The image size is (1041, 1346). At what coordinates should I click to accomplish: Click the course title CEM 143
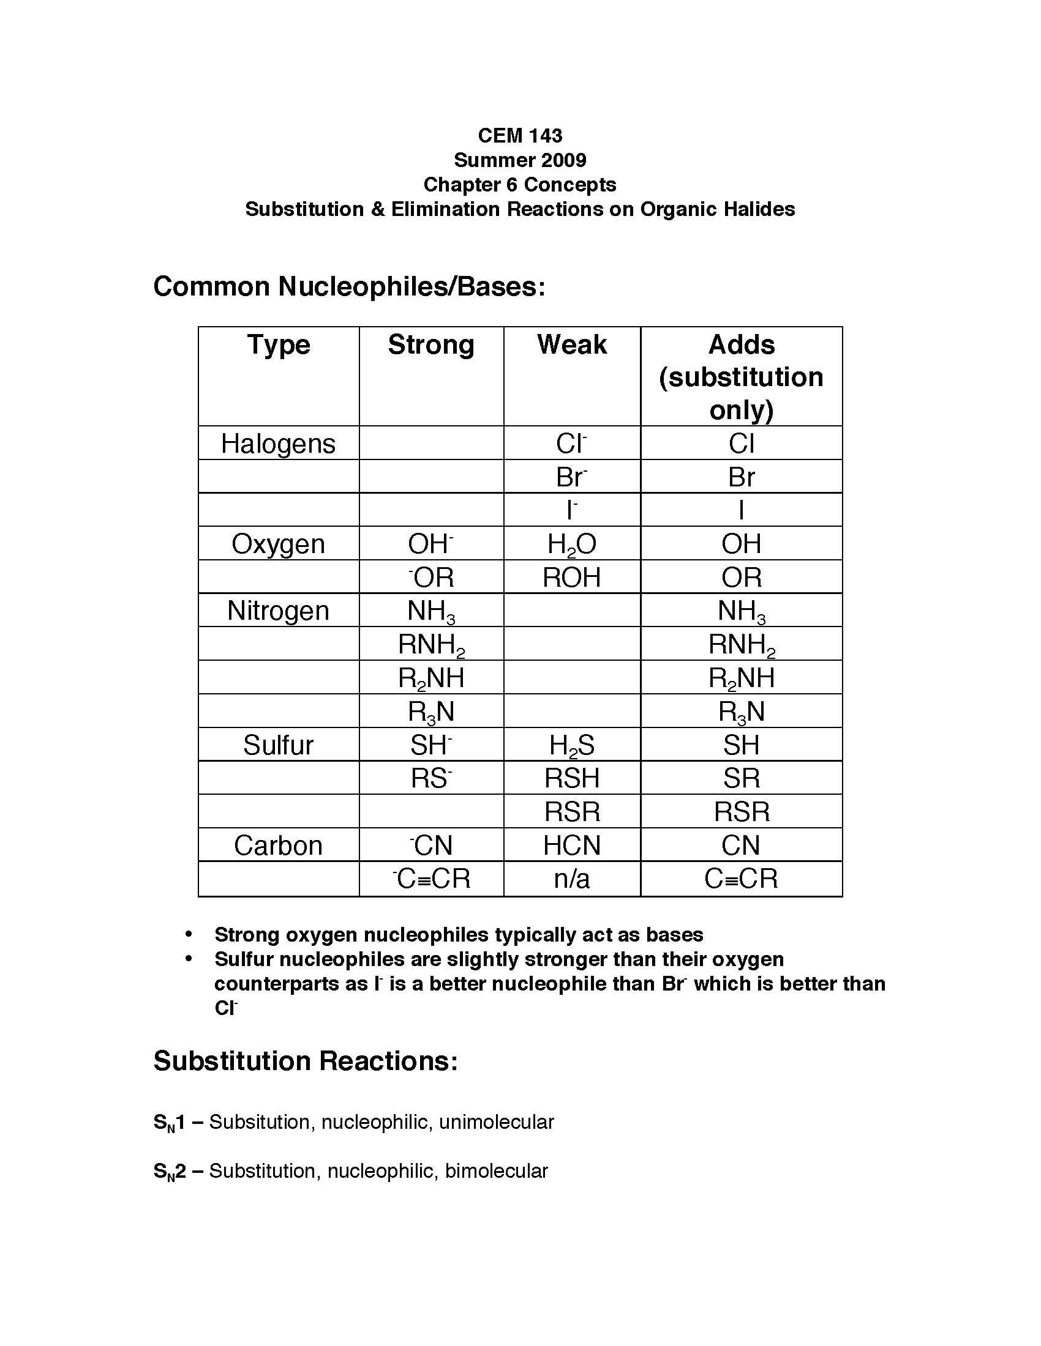point(520,136)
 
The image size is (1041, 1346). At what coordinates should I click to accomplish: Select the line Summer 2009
point(520,160)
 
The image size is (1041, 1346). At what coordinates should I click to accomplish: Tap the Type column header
point(279,344)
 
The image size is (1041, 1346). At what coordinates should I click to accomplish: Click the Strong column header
point(431,344)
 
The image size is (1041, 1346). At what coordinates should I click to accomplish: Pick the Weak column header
point(572,344)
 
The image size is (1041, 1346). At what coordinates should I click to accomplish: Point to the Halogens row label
point(278,444)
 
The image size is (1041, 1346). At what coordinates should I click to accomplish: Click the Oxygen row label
point(278,544)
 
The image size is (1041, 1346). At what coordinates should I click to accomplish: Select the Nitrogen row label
point(278,611)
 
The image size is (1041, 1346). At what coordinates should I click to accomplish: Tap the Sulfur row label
point(278,745)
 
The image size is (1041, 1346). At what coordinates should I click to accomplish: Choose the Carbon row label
point(278,846)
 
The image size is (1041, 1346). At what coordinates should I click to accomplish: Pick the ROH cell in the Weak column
point(572,578)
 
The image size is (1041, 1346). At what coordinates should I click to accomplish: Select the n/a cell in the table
point(572,879)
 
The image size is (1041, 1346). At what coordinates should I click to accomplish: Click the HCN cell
point(572,846)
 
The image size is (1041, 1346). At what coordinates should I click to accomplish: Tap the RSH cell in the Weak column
point(572,778)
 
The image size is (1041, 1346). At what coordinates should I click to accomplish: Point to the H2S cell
point(572,746)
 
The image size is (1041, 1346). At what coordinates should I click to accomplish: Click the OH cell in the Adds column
point(742,544)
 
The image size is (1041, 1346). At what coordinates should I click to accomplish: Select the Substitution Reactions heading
point(306,1062)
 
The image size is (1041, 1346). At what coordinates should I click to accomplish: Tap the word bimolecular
point(497,1171)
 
